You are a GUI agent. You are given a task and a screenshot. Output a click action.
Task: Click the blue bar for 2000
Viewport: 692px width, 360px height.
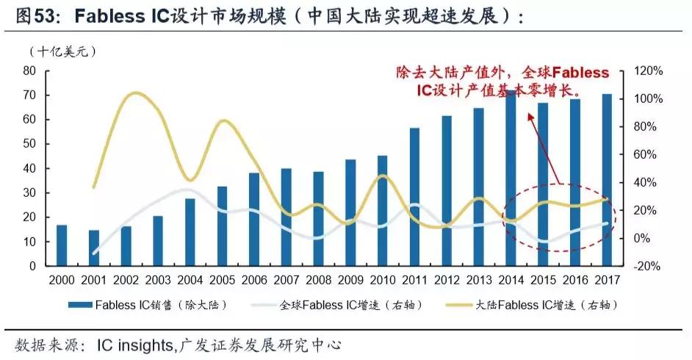pyautogui.click(x=62, y=245)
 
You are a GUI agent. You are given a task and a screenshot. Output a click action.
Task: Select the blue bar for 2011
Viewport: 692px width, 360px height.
pyautogui.click(x=415, y=197)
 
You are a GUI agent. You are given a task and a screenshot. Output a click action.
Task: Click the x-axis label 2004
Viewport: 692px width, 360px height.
pyautogui.click(x=190, y=280)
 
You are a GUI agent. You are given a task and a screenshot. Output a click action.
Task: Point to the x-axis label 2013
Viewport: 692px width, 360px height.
pyautogui.click(x=478, y=280)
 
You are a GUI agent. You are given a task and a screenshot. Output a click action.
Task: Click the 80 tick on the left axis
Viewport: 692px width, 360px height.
pyautogui.click(x=30, y=71)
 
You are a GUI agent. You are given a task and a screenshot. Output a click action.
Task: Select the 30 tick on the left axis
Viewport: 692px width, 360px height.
pyautogui.click(x=30, y=193)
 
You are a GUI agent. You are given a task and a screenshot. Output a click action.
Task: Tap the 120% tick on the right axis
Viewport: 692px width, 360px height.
pyautogui.click(x=649, y=71)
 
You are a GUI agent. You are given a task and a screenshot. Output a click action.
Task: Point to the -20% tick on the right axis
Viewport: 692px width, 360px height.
pyautogui.click(x=649, y=267)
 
